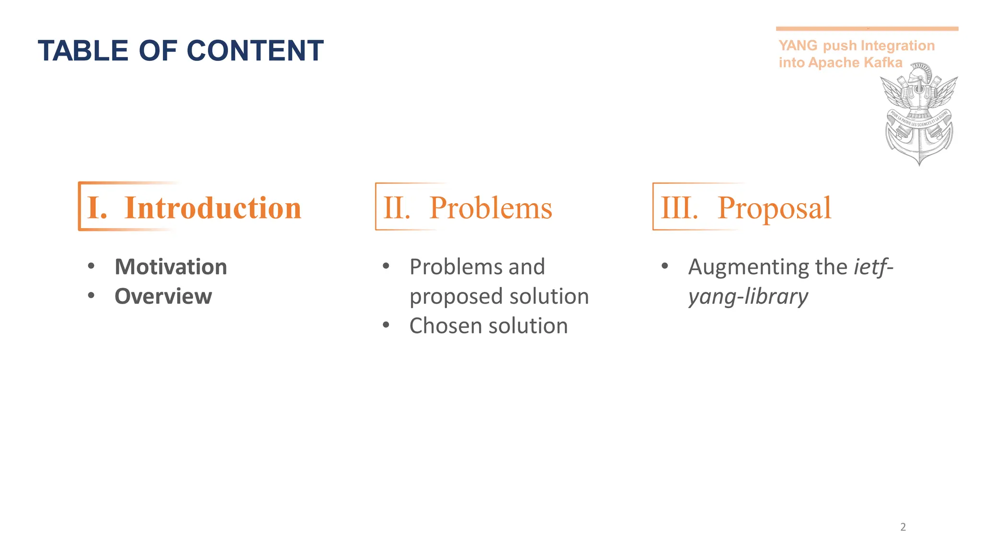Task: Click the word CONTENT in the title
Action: (255, 51)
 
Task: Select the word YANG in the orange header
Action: (798, 46)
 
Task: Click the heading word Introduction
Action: (213, 208)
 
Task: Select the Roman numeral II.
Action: (397, 208)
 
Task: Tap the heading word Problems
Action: (490, 208)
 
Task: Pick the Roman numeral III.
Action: (679, 208)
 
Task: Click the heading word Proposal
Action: (774, 208)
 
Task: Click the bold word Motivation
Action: (171, 267)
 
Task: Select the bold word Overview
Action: (163, 297)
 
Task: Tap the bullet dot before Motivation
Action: (91, 266)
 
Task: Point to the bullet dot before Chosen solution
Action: (386, 325)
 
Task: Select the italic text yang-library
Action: (748, 297)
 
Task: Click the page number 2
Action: (903, 527)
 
